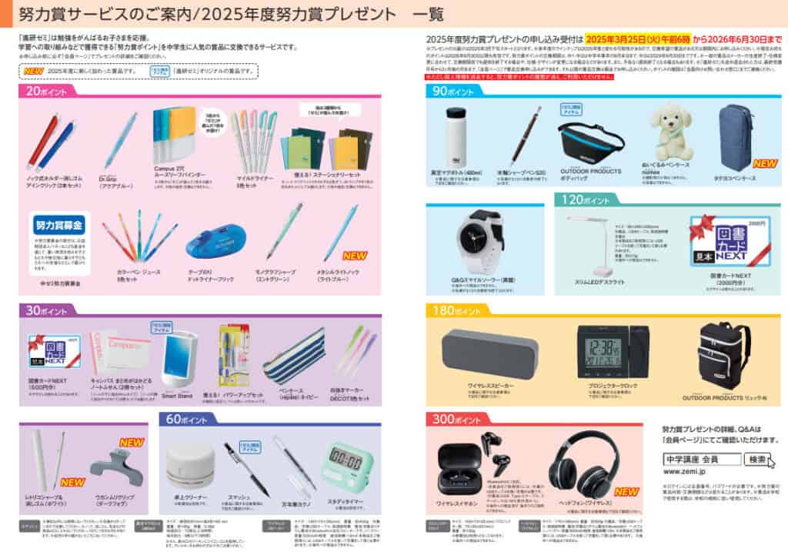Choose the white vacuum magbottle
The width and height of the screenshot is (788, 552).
tap(457, 136)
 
